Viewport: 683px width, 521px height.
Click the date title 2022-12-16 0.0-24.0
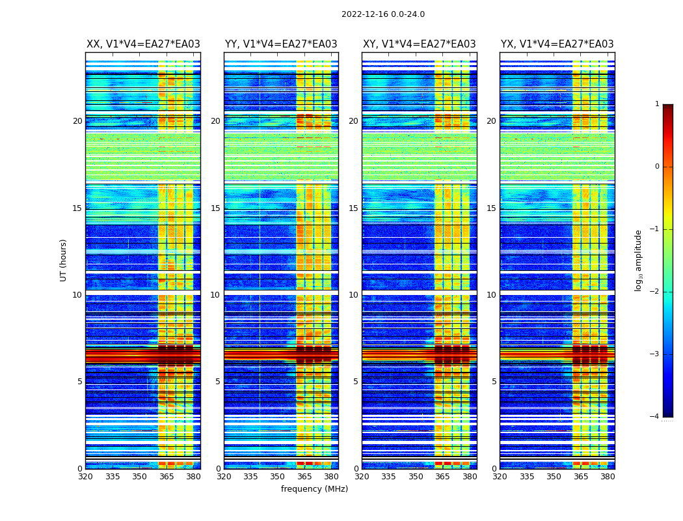tap(382, 14)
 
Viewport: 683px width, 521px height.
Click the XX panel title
tap(143, 44)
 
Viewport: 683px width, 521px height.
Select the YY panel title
tap(281, 44)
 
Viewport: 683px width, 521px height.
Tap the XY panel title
tap(419, 44)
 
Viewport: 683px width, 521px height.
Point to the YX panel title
tap(557, 44)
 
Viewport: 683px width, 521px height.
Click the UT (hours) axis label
tap(64, 260)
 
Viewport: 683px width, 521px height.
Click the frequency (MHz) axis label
tap(314, 489)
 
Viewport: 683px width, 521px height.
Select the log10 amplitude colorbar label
tap(639, 260)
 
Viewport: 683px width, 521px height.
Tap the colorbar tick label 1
tap(657, 104)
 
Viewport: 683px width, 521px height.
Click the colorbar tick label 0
tap(657, 167)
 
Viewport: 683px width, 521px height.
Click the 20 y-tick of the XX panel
tap(77, 121)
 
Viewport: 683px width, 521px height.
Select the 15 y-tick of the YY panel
tap(215, 208)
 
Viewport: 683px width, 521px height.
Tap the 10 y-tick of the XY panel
tap(353, 295)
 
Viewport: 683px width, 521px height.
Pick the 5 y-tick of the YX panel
tap(494, 382)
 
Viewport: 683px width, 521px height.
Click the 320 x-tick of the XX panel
tap(85, 477)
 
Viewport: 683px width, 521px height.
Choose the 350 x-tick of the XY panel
tap(416, 477)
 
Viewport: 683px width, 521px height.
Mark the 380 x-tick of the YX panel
tap(608, 477)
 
